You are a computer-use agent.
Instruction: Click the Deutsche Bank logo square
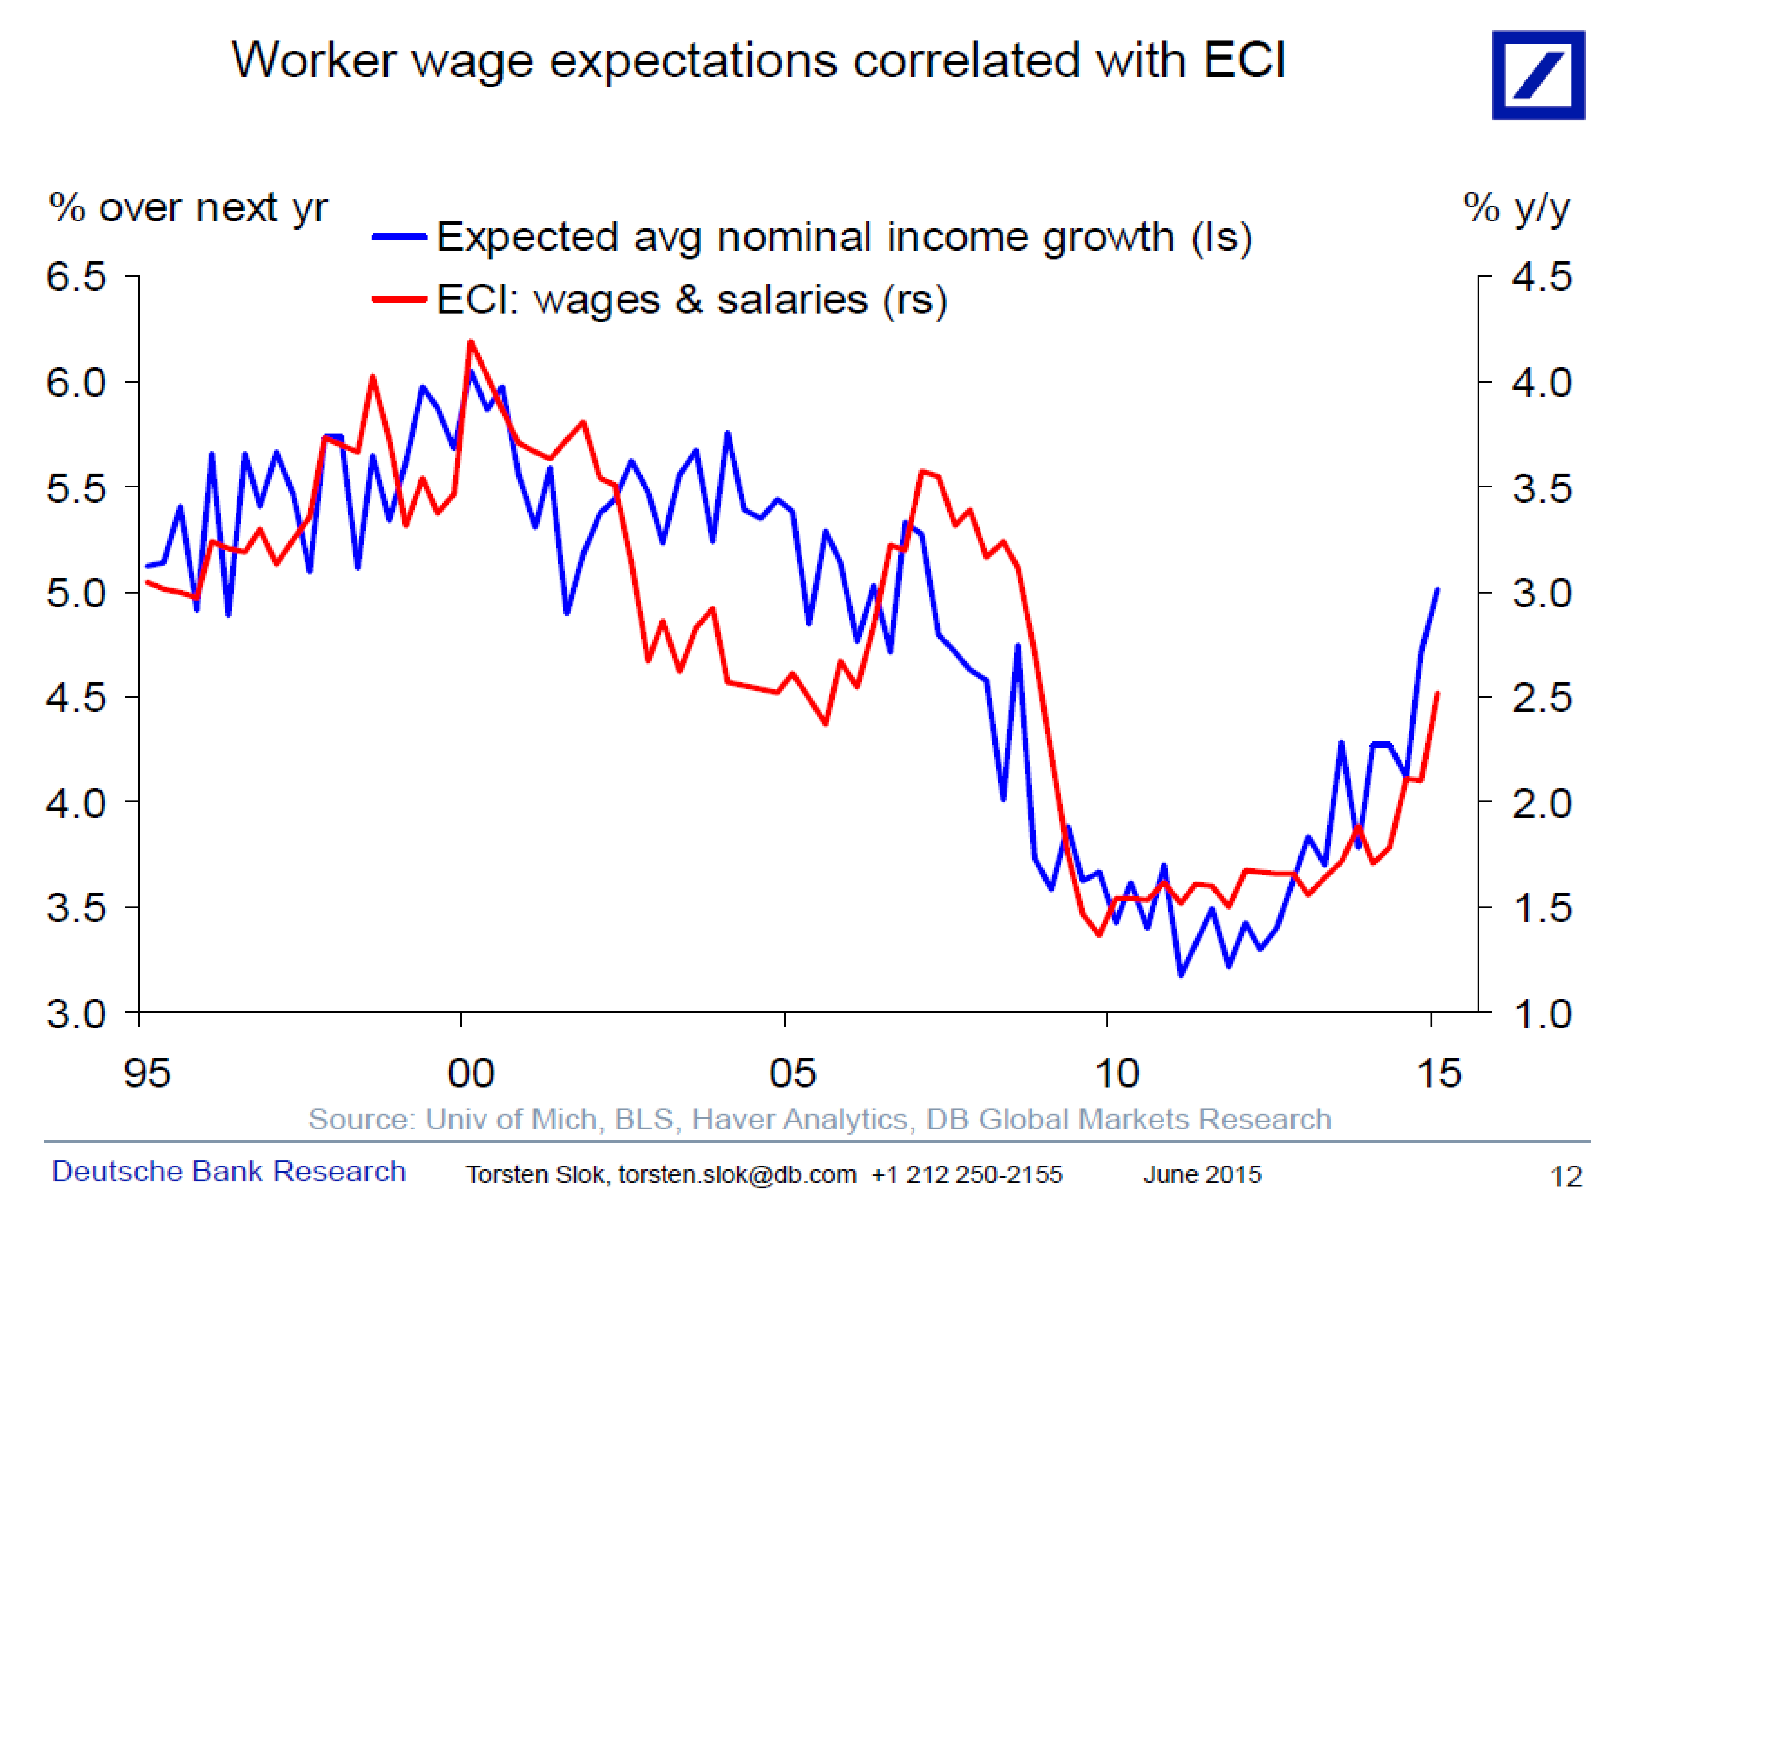click(x=1538, y=75)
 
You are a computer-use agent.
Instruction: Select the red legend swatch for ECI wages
click(x=399, y=299)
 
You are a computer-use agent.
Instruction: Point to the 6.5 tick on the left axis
click(x=77, y=276)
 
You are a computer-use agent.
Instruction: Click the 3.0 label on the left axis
click(x=77, y=1014)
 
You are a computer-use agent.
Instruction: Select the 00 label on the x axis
click(x=471, y=1073)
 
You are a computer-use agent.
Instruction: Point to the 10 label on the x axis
click(x=1117, y=1073)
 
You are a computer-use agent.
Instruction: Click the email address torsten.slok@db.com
click(x=737, y=1174)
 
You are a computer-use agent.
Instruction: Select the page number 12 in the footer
click(x=1565, y=1176)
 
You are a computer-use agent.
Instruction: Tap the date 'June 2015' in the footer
click(x=1202, y=1174)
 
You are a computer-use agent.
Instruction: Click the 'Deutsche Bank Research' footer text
click(x=228, y=1171)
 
